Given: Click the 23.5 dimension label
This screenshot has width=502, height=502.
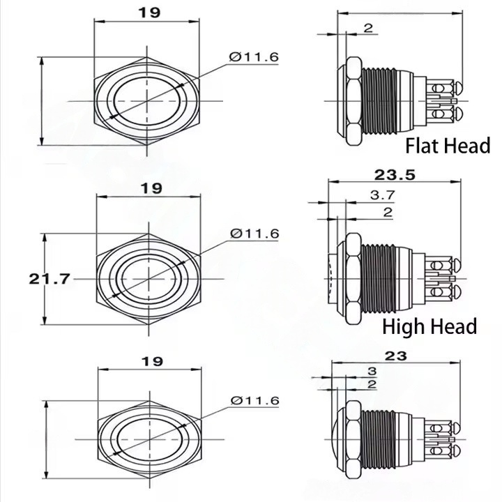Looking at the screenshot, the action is [395, 175].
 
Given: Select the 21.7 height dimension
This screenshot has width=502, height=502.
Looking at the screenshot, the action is [49, 279].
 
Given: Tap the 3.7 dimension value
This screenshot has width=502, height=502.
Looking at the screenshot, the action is [383, 195].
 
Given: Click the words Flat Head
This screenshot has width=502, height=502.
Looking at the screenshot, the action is [448, 145].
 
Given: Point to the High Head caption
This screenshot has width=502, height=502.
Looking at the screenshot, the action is [429, 326].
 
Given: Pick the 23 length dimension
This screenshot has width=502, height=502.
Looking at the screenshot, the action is [396, 356].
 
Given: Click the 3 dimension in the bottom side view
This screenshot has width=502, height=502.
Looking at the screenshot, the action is [372, 371].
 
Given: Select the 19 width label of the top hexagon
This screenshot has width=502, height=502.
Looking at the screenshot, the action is [149, 13].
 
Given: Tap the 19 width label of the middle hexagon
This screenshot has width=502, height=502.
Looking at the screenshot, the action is [151, 188].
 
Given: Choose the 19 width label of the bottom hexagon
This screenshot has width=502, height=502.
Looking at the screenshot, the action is [152, 361].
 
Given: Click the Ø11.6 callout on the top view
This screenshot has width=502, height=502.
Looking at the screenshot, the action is [254, 57].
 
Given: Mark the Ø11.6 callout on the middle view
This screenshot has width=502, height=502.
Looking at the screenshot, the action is [255, 234].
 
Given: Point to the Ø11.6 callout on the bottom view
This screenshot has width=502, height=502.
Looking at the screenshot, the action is [255, 400].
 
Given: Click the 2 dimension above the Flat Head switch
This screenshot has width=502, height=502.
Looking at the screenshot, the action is [369, 28].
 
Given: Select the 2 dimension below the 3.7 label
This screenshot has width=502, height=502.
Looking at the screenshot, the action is [388, 212].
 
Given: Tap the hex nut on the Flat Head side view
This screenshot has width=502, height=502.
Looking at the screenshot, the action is [354, 101].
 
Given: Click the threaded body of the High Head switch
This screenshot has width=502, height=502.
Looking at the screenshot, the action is [378, 278].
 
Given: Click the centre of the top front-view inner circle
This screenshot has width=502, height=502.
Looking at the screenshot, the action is [147, 101].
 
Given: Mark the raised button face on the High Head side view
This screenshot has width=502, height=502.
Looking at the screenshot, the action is [333, 278].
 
